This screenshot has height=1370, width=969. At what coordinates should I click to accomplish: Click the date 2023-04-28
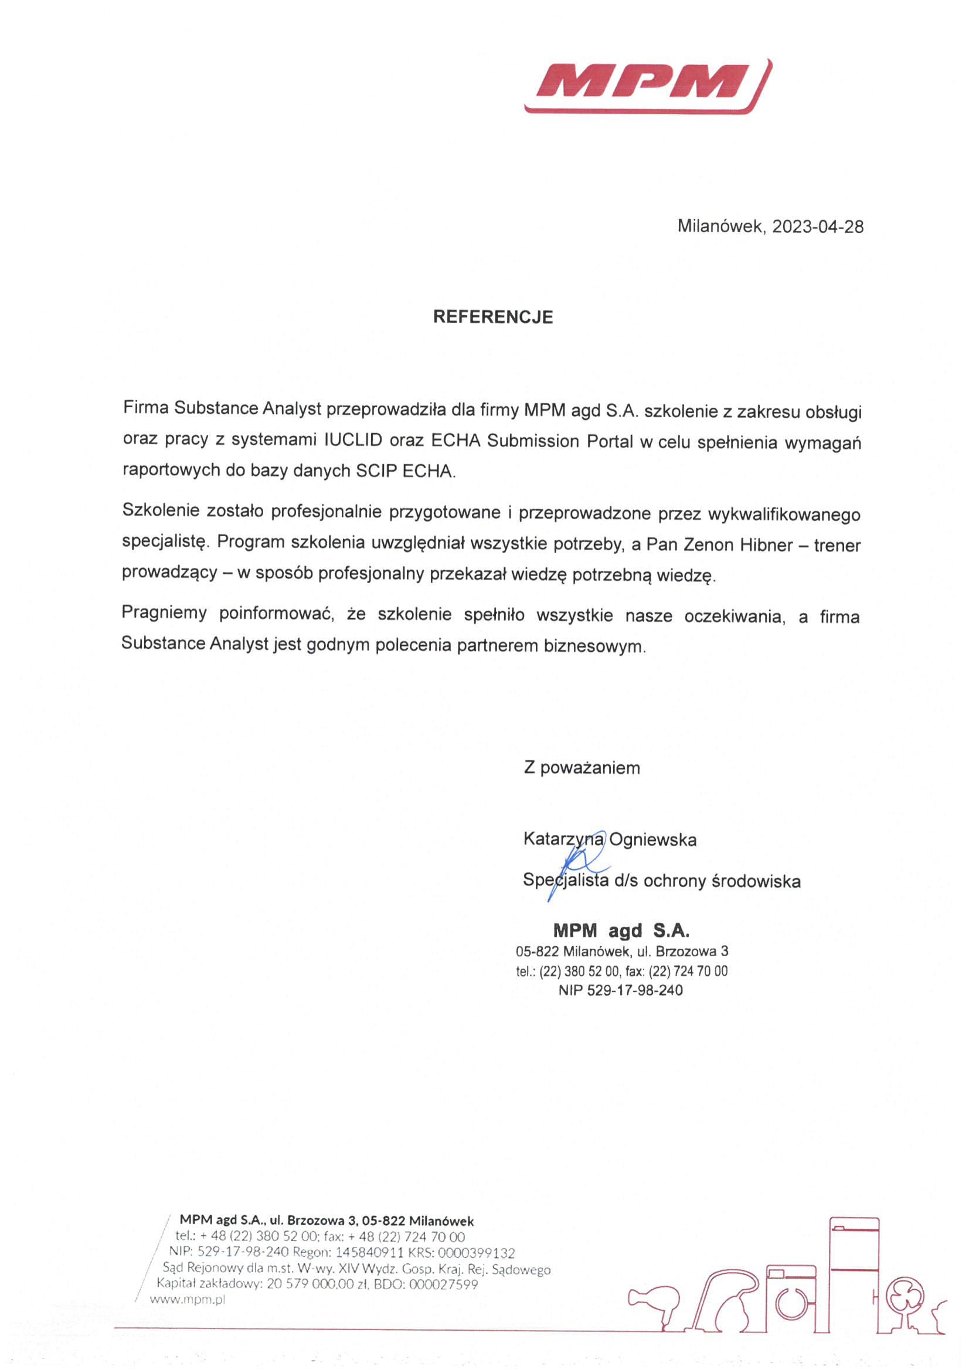(817, 227)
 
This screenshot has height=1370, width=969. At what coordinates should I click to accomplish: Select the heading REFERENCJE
(492, 317)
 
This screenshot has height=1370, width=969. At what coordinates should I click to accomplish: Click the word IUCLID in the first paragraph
(353, 441)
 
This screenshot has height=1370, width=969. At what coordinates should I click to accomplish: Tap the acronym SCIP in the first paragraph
(377, 471)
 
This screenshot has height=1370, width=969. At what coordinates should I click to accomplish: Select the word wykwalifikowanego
(784, 515)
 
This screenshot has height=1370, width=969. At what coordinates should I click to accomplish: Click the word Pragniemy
(164, 614)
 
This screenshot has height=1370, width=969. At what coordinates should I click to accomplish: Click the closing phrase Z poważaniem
(582, 768)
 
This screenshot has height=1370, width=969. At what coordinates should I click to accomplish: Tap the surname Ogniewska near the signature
(652, 840)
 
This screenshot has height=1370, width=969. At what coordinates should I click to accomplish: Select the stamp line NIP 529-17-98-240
(620, 990)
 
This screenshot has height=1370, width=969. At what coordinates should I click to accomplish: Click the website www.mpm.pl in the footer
(188, 1301)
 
